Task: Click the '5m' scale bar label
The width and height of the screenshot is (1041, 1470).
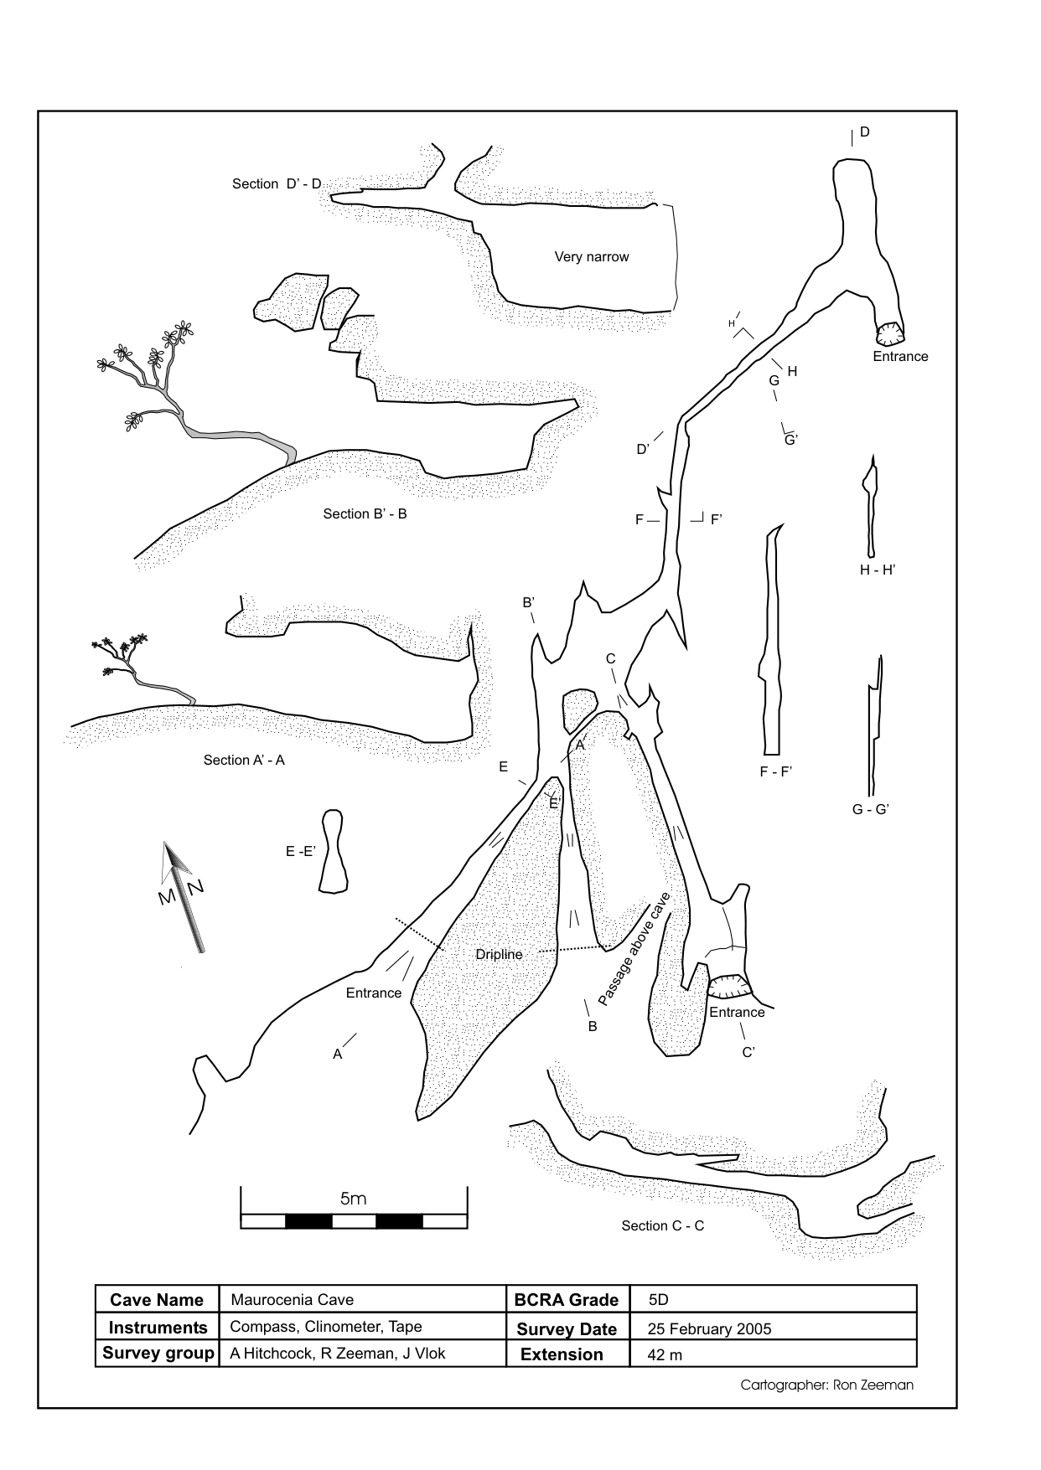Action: pos(353,1199)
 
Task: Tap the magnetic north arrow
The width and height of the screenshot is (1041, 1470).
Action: pos(184,896)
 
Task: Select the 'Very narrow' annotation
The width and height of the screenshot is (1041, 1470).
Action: pos(591,257)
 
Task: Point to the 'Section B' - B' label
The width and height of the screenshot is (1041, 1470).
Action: pos(365,514)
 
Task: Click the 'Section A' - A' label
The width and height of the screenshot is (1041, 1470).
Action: pos(244,761)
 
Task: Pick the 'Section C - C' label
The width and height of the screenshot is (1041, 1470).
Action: pos(662,1226)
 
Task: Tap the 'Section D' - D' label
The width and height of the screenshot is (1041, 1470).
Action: pos(277,184)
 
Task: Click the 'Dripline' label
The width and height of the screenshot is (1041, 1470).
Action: pos(499,955)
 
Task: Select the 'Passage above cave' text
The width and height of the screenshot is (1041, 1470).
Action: pos(634,949)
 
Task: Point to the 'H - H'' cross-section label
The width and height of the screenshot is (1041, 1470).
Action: pos(878,570)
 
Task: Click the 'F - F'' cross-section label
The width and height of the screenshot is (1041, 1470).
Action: pos(776,772)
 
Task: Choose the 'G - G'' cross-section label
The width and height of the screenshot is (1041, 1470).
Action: pos(870,810)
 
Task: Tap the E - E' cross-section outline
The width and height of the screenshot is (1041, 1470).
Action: pos(334,851)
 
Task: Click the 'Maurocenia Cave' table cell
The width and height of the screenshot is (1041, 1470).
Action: pos(292,1300)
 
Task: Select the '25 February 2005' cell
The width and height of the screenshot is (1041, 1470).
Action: pos(709,1329)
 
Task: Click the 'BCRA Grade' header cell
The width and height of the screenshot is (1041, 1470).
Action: pos(567,1300)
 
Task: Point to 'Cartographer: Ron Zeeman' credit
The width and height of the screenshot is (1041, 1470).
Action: pos(826,1385)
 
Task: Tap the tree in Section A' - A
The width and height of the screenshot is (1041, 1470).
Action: pos(130,662)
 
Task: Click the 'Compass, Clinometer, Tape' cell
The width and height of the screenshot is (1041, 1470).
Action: pos(325,1328)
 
